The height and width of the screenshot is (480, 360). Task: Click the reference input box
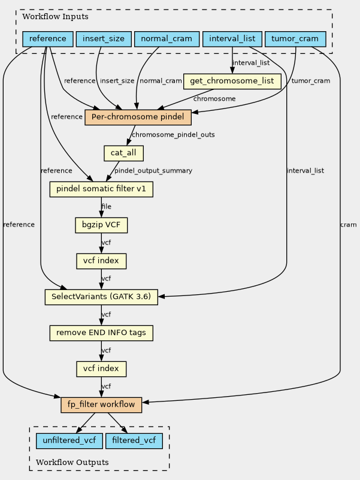(48, 39)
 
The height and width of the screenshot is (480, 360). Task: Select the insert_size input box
(104, 39)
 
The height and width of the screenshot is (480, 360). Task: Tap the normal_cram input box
(167, 39)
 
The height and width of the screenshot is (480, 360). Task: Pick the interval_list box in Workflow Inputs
(232, 39)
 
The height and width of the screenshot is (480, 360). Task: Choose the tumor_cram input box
(295, 39)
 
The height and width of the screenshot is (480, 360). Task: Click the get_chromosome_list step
(232, 81)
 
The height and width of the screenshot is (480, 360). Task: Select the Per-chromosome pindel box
(138, 117)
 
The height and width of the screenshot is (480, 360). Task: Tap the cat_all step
(123, 153)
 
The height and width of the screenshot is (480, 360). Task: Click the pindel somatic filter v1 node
(101, 189)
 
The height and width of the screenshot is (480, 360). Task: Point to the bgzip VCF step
(101, 225)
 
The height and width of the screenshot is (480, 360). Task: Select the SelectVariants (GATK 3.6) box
(101, 297)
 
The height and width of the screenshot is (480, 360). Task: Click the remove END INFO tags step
(101, 333)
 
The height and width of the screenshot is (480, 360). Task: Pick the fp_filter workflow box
(101, 404)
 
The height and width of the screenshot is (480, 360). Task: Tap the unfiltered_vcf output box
(69, 441)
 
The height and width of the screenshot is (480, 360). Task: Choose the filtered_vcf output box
(134, 441)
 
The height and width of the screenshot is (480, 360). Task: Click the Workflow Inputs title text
(56, 17)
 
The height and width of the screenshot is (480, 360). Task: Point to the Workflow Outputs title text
(72, 462)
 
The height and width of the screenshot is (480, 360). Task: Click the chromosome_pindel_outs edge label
(173, 135)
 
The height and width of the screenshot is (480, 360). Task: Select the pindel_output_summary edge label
(153, 171)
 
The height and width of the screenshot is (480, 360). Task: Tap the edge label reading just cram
(349, 225)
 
